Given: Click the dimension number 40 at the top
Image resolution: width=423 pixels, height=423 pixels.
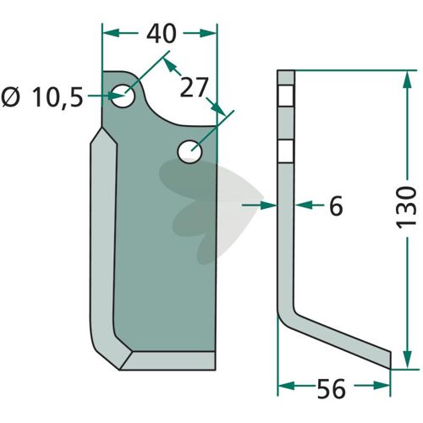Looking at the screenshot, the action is coord(162,34).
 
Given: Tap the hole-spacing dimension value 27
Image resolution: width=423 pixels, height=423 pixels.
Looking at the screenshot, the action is coord(194,87).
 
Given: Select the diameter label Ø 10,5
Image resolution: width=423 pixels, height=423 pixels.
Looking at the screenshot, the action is coord(42,97).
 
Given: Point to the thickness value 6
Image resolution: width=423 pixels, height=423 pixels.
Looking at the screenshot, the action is coord(336,206).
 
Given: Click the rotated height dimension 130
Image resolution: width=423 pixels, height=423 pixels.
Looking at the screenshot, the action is coord(406,207).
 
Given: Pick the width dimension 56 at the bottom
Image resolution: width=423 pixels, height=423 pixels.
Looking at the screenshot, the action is coord(331,389).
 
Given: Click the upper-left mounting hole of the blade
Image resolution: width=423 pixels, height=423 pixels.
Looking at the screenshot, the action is coord(123,96).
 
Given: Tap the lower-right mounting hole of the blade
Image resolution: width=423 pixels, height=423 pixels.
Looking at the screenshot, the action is coord(190,151).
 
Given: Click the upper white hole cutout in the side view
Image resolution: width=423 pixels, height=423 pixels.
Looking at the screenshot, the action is coord(286,96).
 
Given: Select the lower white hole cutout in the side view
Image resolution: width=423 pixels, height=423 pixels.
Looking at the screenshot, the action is coord(286,151).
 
